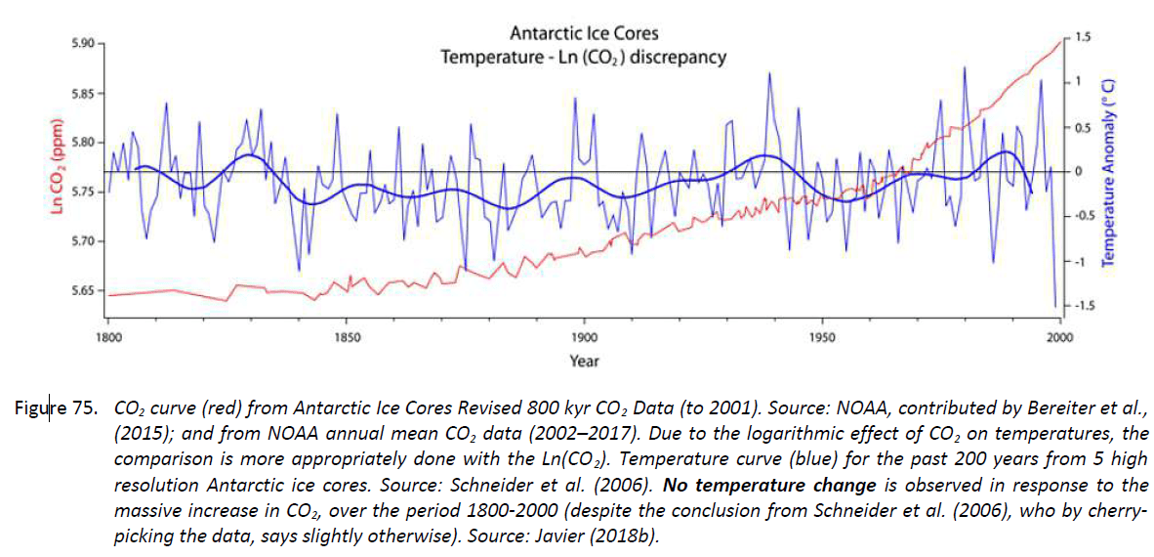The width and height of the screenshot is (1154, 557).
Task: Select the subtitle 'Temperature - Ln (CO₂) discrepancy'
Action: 584,58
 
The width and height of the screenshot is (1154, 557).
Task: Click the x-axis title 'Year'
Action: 584,361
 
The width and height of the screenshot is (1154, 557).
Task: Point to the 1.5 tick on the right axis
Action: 1082,37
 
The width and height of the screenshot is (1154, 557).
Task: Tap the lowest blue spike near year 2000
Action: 1055,306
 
